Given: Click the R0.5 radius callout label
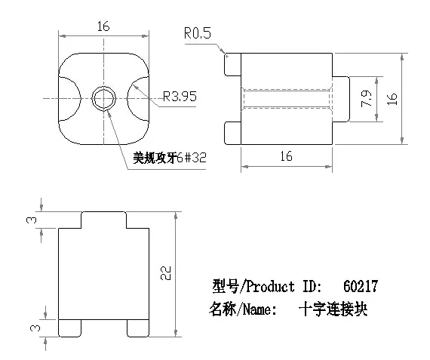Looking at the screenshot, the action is pos(198,33).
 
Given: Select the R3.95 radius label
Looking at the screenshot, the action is pos(180,97).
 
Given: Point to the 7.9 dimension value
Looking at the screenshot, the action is pos(367,99).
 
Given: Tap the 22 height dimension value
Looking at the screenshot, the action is pos(166,273).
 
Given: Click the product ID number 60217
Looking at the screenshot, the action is pos(361,286).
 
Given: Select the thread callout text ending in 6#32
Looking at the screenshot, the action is pos(170,158).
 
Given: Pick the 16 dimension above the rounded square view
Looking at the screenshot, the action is pos(103,26).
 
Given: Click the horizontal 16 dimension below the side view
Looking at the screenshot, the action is pos(287,156).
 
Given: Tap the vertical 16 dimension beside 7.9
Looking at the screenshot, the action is pos(392,99).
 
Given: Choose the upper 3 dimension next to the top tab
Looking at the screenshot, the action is pos(32,220).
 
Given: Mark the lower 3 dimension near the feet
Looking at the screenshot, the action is pos(35,328).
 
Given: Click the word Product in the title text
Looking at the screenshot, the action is pos(270,287).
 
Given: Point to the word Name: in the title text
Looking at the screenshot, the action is pos(260,309).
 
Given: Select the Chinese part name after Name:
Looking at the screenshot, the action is pos(333,309).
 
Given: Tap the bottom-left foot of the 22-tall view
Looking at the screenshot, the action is pos(70,328).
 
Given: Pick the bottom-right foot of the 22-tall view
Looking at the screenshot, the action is pos(138,328).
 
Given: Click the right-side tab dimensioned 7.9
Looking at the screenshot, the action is pos(341,99).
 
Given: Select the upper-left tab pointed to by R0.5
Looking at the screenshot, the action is pos(232,64).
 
